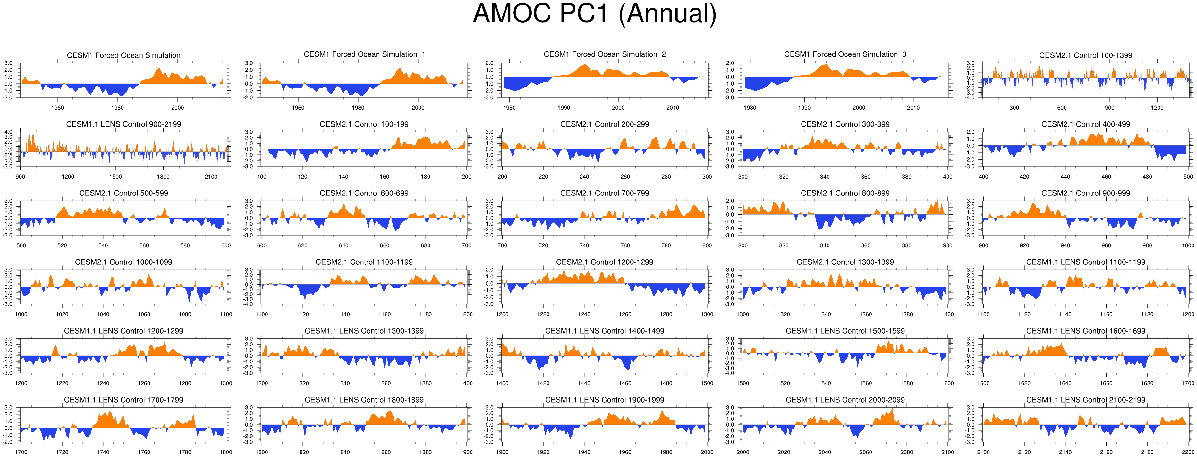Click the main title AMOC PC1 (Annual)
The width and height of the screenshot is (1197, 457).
click(x=595, y=14)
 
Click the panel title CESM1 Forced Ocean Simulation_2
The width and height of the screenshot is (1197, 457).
click(x=605, y=54)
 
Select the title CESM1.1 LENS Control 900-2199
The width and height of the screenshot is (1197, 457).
click(x=123, y=124)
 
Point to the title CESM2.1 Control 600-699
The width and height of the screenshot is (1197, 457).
click(x=364, y=193)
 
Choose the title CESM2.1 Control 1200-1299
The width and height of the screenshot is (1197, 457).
click(x=605, y=262)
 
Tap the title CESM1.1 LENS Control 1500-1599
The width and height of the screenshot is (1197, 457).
click(x=845, y=331)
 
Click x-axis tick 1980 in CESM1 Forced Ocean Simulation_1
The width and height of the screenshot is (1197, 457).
click(x=358, y=108)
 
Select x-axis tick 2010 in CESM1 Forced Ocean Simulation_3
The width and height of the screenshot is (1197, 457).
click(x=913, y=108)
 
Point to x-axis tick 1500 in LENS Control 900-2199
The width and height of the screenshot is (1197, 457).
click(x=116, y=177)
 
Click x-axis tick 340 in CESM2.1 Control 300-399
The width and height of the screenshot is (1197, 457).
click(x=825, y=177)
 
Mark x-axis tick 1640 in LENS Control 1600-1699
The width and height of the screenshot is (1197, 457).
click(x=1065, y=384)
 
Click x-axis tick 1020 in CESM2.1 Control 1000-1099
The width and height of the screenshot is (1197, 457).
click(x=62, y=314)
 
